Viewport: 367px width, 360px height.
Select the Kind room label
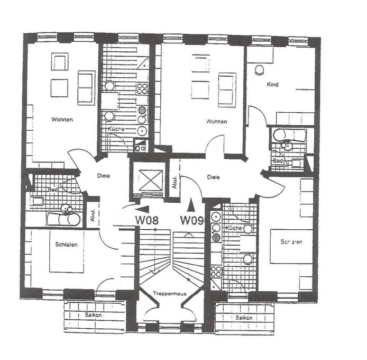272,84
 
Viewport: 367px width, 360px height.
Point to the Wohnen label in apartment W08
62,119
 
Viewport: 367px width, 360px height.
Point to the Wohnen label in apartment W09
216,121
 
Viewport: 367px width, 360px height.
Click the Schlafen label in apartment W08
67,244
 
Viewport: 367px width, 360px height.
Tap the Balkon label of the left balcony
94,314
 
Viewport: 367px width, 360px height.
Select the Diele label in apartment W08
103,176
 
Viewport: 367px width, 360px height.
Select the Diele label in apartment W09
213,177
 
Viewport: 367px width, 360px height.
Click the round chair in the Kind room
260,69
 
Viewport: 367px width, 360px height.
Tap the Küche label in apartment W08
116,129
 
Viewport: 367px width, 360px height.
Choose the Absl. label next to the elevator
173,182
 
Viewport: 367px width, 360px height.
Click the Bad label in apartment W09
277,160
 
